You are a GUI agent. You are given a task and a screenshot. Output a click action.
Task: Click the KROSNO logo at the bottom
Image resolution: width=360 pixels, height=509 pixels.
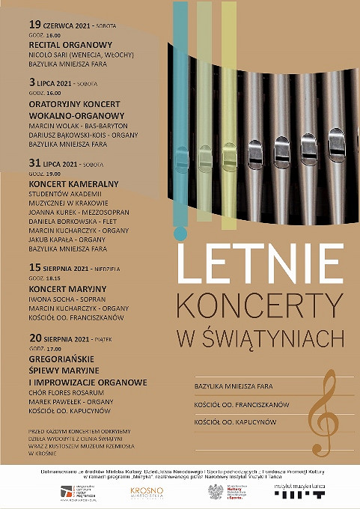tap(147, 492)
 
